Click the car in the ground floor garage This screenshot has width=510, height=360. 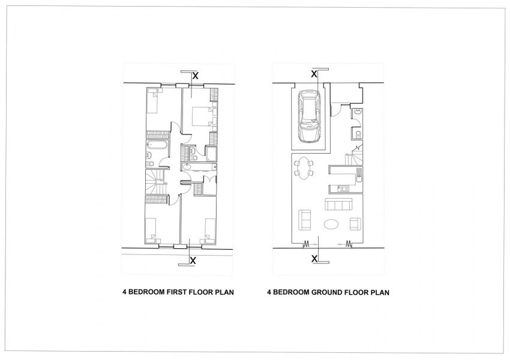[x=308, y=116]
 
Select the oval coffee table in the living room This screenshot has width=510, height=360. [x=331, y=224]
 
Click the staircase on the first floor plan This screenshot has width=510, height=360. [x=157, y=180]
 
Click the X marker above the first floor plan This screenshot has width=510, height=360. [x=195, y=76]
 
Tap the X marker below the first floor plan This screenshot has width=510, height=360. [x=193, y=260]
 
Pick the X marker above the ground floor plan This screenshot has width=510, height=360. [x=314, y=74]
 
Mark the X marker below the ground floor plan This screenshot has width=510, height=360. [x=314, y=259]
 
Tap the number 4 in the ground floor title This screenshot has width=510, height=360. [x=269, y=293]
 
